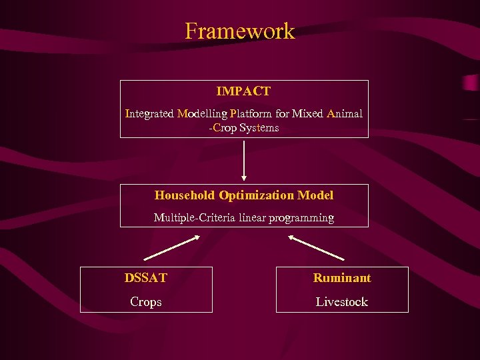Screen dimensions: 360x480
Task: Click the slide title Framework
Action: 239,31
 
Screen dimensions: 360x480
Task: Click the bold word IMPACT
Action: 243,91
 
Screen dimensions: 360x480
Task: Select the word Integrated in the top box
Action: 149,113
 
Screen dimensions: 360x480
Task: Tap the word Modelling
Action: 202,113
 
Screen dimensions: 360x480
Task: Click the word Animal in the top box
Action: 345,113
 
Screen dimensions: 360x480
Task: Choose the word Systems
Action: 259,127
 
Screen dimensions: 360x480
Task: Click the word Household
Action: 185,195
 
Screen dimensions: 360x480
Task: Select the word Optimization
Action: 256,195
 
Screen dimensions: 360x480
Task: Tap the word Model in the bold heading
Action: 315,195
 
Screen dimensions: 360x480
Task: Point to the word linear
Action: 253,217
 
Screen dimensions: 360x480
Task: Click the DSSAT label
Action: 145,278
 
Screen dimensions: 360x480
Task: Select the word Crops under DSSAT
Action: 146,302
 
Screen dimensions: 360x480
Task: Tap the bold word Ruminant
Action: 342,278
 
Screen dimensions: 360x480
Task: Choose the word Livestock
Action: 341,302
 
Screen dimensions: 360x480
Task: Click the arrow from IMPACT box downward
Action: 244,160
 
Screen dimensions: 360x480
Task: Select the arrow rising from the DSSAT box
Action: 168,248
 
